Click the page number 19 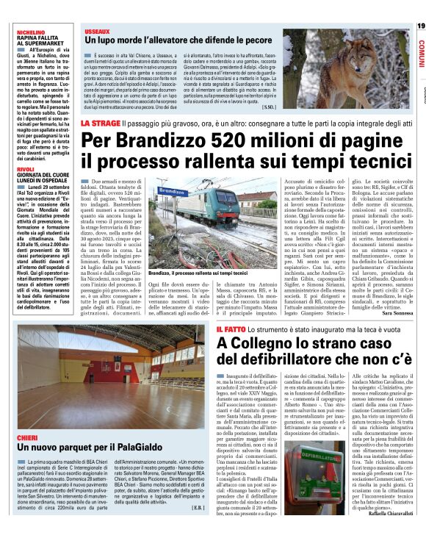pyautogui.click(x=420, y=26)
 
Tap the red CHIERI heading pyautogui.click(x=27, y=436)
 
